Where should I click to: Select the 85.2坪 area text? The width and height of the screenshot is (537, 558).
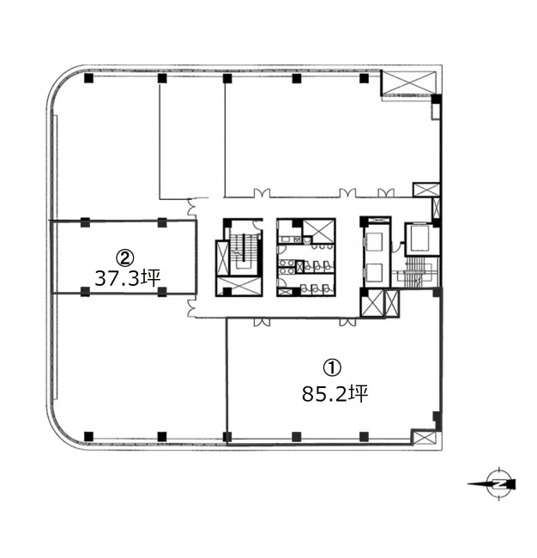coord(335,394)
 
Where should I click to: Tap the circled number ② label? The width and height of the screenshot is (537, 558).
coord(125,257)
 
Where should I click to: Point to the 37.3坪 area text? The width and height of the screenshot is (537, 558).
coord(127,278)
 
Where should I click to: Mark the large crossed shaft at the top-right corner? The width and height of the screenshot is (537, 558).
coord(408,83)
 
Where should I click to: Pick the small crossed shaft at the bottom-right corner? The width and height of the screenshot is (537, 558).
coord(425,437)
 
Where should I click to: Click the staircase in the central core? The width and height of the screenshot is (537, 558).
coord(244,252)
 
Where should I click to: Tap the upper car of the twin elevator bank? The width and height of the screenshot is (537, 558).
coord(374,241)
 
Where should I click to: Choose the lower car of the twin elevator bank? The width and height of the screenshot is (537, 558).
coord(374,272)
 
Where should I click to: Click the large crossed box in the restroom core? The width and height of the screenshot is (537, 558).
coord(318,231)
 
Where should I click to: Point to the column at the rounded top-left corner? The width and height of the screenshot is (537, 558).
coord(88,78)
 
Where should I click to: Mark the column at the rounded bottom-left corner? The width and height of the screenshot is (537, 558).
coord(88,436)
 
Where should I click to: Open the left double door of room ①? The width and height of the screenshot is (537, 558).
coord(262,322)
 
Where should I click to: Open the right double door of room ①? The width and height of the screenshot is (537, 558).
coord(347,322)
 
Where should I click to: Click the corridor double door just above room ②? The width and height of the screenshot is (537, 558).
coord(191,207)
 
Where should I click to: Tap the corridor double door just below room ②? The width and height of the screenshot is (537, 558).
coord(191,308)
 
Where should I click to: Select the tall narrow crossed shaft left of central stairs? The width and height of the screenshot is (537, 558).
coord(222,258)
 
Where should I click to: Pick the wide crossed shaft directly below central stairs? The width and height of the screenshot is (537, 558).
coord(239,287)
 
